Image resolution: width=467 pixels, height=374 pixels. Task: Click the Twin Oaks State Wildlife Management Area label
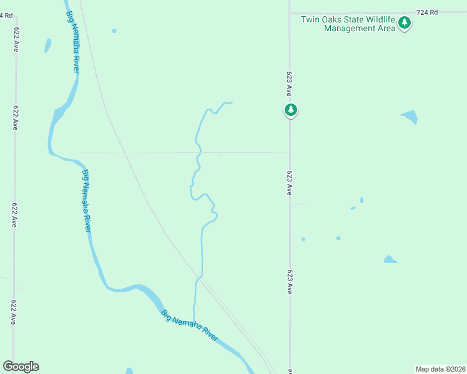coord(348,24)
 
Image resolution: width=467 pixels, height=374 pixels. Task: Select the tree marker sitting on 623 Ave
coord(290,110)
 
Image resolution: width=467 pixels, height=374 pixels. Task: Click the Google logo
coord(21,367)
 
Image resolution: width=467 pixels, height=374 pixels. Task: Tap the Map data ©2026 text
coord(440,369)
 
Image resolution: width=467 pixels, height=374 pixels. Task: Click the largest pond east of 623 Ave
coord(410,117)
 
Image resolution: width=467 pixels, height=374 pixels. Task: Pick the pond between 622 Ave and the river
coord(47,46)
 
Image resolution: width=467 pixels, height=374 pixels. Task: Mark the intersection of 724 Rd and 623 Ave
coord(290,12)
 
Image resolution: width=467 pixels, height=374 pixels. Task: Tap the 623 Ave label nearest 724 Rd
coord(290,83)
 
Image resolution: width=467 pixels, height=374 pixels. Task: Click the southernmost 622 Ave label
coord(13,312)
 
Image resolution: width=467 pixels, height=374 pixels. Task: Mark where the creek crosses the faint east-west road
coord(199,152)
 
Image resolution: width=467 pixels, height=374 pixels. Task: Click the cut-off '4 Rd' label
coord(6,14)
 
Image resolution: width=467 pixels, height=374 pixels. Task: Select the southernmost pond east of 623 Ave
coord(390,259)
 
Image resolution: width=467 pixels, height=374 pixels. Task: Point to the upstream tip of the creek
coord(232,102)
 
